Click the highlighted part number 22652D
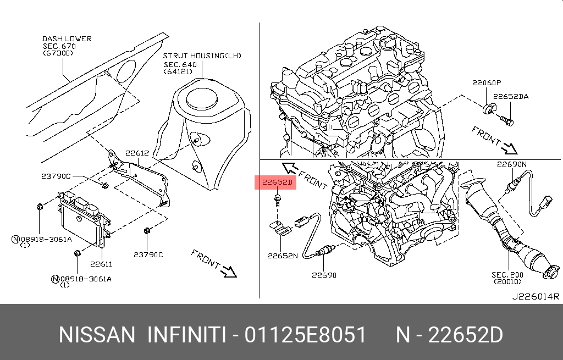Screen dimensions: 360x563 click(x=275, y=182)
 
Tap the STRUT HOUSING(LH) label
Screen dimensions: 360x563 click(x=202, y=56)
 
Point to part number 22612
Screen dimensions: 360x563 click(x=137, y=153)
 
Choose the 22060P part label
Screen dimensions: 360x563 click(x=486, y=83)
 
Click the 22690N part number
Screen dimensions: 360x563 click(x=511, y=164)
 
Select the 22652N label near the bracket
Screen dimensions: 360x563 click(x=283, y=256)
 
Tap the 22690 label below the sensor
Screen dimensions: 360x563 click(x=324, y=275)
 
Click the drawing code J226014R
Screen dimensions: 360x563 click(x=536, y=297)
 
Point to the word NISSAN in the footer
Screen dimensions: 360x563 click(x=96, y=335)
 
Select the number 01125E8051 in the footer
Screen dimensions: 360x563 click(x=306, y=335)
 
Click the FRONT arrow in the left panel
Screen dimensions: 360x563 click(x=214, y=263)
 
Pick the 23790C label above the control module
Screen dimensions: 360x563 click(x=56, y=176)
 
